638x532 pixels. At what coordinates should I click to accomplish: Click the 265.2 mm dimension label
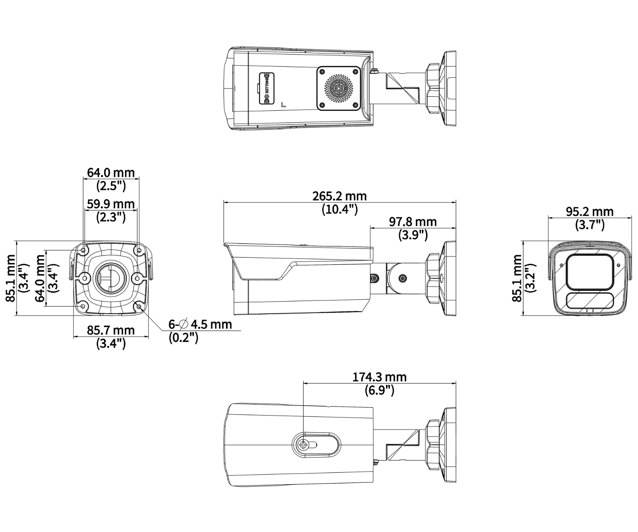point(339,196)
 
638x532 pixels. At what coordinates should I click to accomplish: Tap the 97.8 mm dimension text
point(413,222)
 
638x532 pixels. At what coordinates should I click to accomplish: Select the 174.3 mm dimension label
point(379,377)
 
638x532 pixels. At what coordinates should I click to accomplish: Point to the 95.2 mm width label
point(589,212)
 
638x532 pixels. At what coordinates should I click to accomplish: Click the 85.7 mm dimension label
point(111,330)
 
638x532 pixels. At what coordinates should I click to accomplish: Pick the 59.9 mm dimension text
point(111,204)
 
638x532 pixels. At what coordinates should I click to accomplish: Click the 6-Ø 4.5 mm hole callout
point(200,324)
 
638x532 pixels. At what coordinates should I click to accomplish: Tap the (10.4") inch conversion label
point(340,209)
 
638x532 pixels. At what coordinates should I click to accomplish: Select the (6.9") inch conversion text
point(379,390)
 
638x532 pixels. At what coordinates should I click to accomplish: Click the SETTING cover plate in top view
point(267,89)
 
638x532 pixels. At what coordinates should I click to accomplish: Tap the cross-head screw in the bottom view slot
point(304,445)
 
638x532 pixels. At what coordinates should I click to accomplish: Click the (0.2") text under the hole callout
point(183,337)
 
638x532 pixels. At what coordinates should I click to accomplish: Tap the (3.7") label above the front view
point(589,225)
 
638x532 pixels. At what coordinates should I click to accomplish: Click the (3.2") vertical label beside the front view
point(531,278)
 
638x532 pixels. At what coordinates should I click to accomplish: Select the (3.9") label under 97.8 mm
point(413,235)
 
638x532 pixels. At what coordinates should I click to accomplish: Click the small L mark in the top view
point(283,105)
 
